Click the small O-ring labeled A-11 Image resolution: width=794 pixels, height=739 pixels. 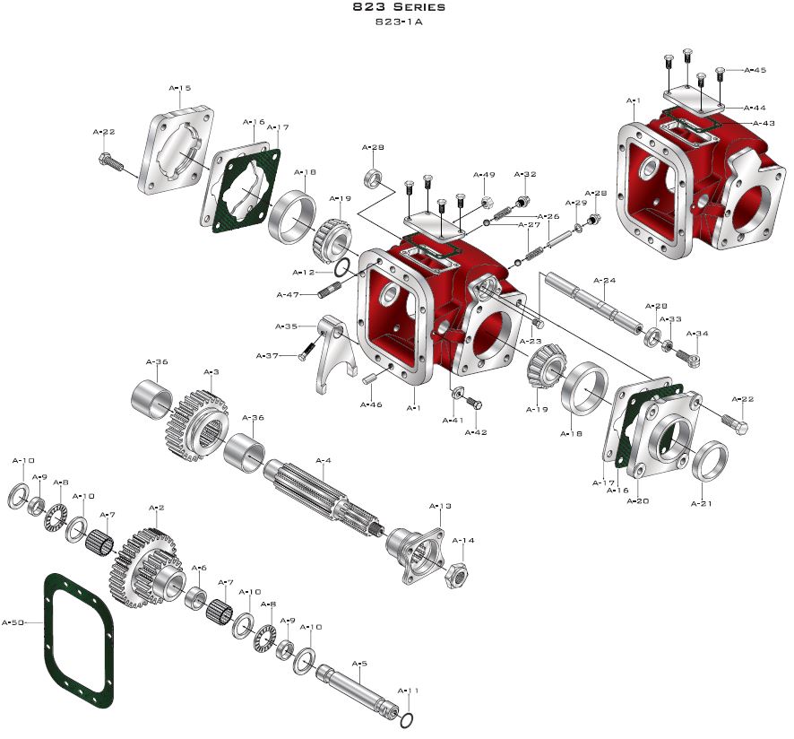coord(408,719)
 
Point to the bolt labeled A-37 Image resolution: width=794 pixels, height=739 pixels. coord(305,352)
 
